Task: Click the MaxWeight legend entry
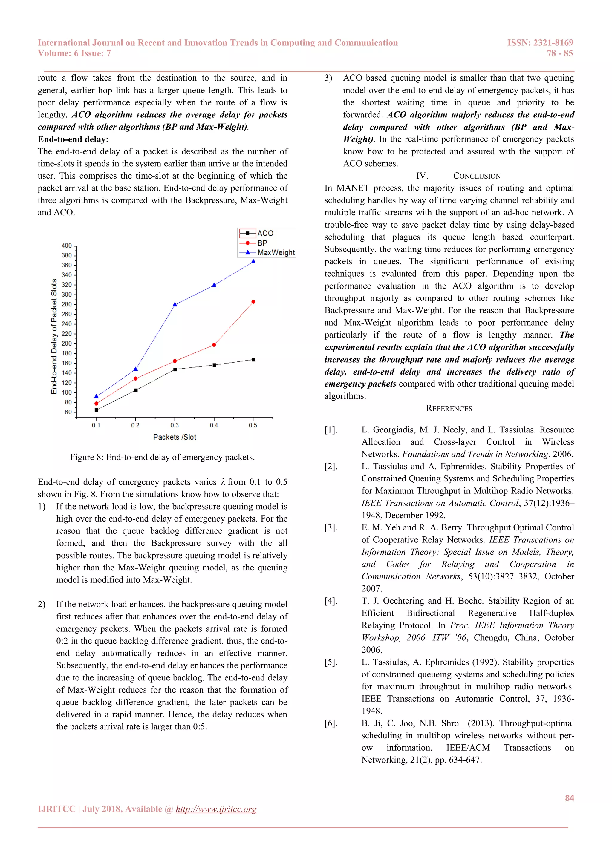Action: coord(276,252)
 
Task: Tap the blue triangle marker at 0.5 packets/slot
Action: coord(253,261)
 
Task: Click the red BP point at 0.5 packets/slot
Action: coord(253,302)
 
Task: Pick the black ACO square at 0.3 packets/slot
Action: coord(175,369)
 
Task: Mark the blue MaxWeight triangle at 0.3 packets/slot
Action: coord(175,304)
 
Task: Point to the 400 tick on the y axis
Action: coord(67,246)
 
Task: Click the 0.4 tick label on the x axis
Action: coord(214,425)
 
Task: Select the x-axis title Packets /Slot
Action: coord(175,437)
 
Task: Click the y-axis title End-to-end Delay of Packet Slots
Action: coord(54,336)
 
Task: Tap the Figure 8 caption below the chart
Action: coord(162,457)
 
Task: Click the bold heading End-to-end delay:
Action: coord(73,139)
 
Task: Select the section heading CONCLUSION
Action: coord(476,176)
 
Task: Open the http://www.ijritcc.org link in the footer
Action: coord(216,809)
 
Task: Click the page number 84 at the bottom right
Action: coord(569,798)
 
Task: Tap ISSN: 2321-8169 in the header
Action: coord(540,43)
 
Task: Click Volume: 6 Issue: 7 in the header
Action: coord(74,53)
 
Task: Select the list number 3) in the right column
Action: coord(328,78)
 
